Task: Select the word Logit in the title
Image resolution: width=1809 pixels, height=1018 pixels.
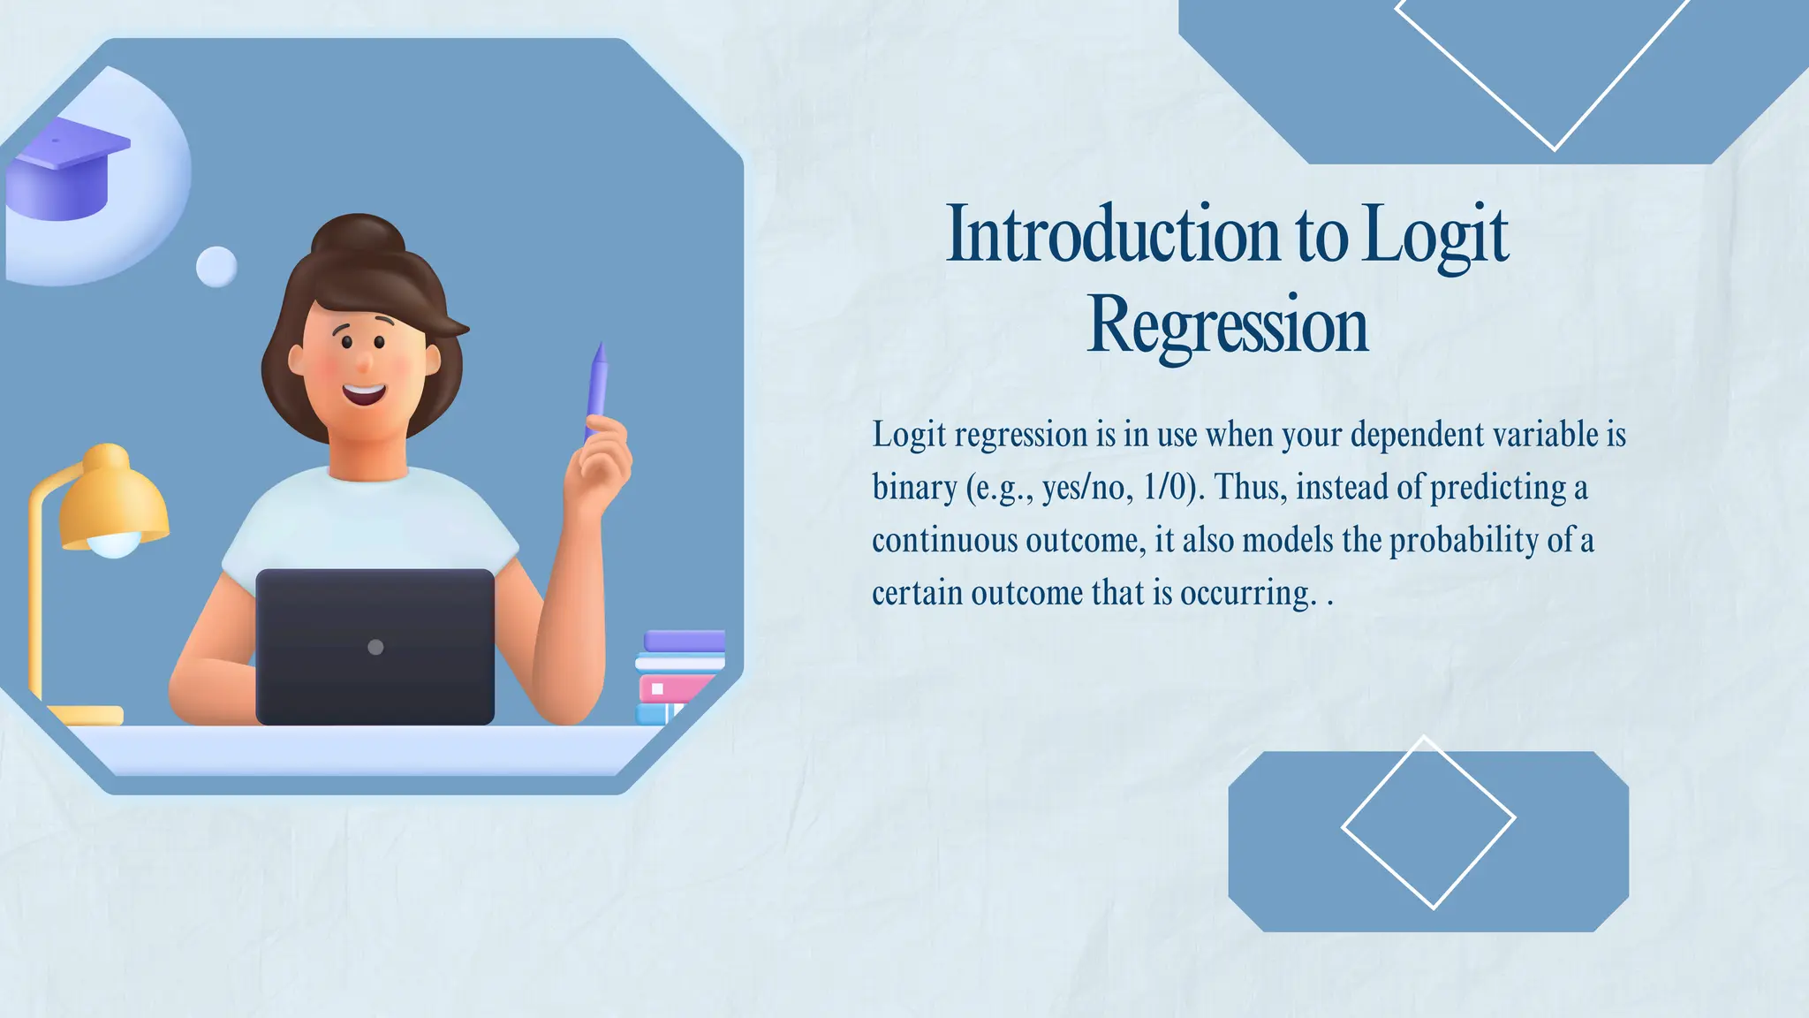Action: point(1434,234)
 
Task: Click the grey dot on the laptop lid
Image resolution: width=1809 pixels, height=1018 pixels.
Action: point(375,647)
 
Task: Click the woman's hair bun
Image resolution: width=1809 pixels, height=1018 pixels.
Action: point(358,237)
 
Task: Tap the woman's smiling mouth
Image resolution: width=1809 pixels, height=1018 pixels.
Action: point(364,391)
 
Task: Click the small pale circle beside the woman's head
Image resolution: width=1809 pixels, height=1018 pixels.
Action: point(216,266)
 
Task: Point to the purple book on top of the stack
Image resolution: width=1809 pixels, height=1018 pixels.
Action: point(684,641)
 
